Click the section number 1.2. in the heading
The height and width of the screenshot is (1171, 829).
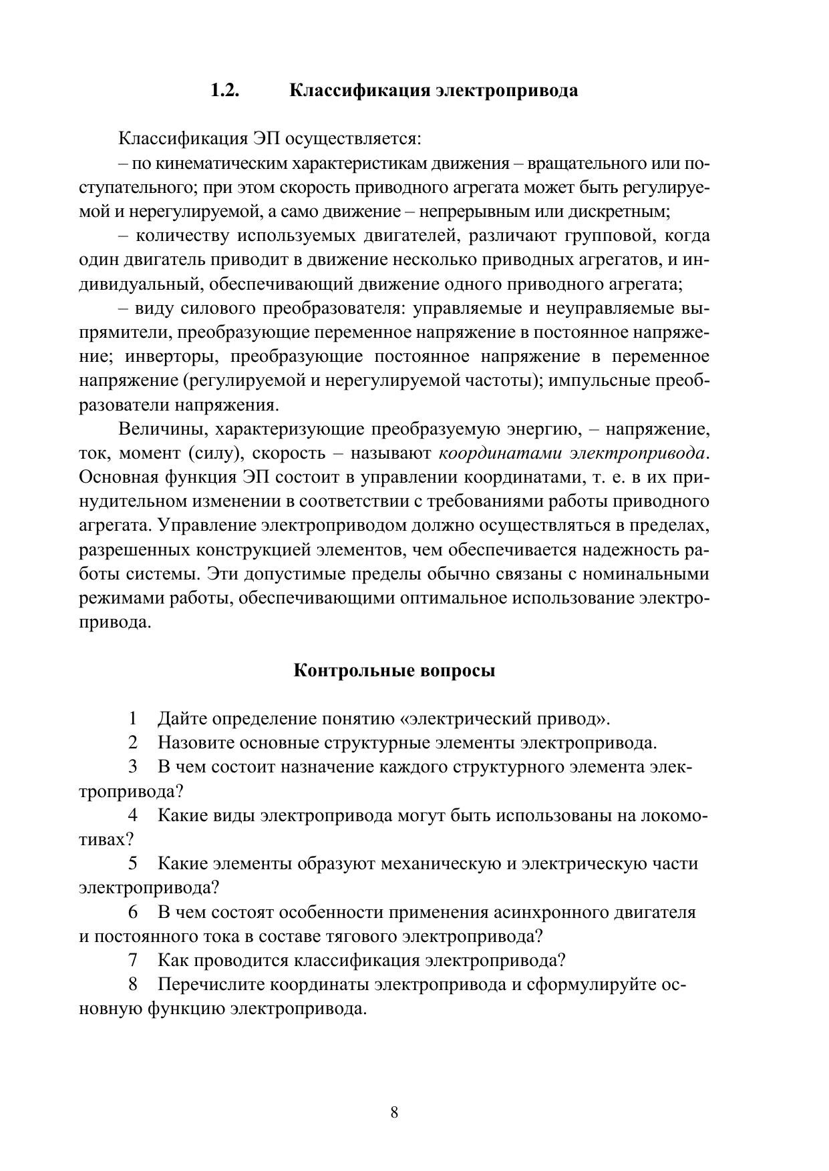225,91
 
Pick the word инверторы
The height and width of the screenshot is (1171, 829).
172,357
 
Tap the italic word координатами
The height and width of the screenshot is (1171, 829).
500,453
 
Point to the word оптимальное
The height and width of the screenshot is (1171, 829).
454,598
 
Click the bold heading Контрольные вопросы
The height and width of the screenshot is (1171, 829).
395,670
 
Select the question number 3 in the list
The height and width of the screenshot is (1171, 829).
133,767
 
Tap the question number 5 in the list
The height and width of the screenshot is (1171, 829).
133,864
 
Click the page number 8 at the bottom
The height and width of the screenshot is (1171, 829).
394,1112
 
